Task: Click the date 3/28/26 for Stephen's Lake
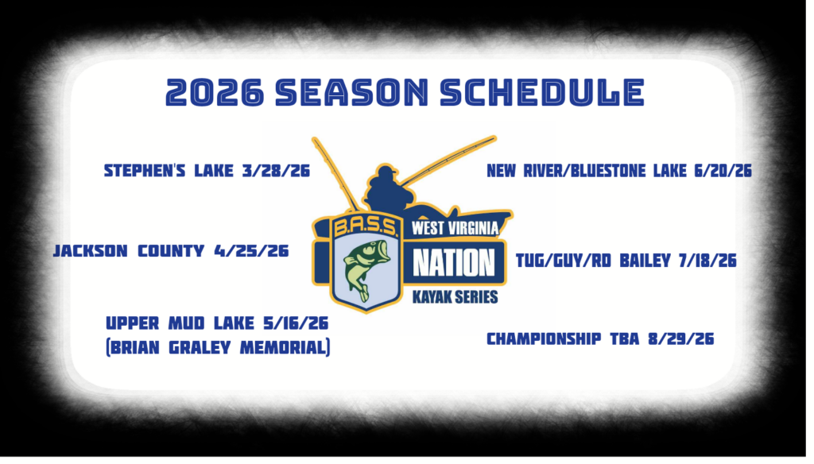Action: coord(276,171)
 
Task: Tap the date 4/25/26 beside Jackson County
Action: coord(252,251)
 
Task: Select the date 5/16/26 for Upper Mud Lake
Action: coord(296,323)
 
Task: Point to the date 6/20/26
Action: coord(723,171)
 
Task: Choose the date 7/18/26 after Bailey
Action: coord(707,261)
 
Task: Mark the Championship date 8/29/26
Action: coord(681,339)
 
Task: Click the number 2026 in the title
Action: coord(215,92)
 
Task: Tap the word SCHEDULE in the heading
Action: coord(542,92)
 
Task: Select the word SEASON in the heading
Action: coord(352,92)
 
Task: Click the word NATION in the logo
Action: coord(454,263)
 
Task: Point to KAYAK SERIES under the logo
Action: coord(455,297)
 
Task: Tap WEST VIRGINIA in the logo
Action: coord(455,228)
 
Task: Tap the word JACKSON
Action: coord(91,251)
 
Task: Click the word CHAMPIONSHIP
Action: coord(544,339)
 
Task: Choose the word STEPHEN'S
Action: coord(145,171)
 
